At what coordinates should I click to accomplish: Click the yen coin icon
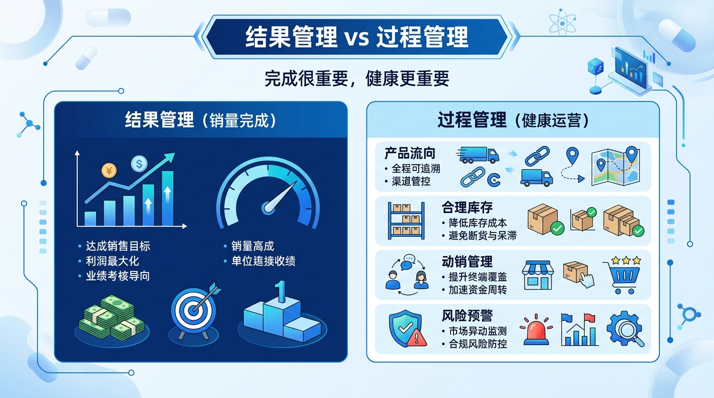click(109, 170)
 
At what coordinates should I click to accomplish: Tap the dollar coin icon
click(139, 164)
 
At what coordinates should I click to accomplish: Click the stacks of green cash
click(111, 317)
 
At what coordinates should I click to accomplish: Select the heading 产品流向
click(410, 153)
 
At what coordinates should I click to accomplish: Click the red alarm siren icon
click(536, 330)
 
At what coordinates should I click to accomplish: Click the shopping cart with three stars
click(622, 274)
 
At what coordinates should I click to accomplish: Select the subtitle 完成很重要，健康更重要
click(356, 79)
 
